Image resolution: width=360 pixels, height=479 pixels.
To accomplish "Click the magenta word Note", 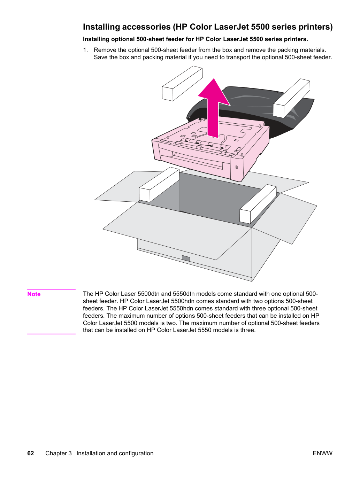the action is (34, 294).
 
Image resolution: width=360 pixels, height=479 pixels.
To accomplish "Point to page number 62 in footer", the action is (31, 453).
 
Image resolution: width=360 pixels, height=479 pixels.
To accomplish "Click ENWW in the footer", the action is (322, 453).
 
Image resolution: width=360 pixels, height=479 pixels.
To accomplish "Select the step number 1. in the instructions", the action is (85, 50).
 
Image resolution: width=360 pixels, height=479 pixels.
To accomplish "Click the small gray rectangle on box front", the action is (186, 258).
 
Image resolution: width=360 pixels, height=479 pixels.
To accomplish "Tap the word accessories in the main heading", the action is (146, 27).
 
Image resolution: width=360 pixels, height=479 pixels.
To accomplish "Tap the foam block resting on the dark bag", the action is (291, 98).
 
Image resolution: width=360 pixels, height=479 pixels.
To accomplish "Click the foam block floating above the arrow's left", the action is (183, 83).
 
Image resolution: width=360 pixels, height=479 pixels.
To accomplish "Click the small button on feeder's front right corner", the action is (237, 167).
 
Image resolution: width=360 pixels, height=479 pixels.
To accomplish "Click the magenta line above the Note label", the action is (51, 289).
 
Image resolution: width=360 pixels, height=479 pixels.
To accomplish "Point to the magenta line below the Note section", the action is (51, 334).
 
